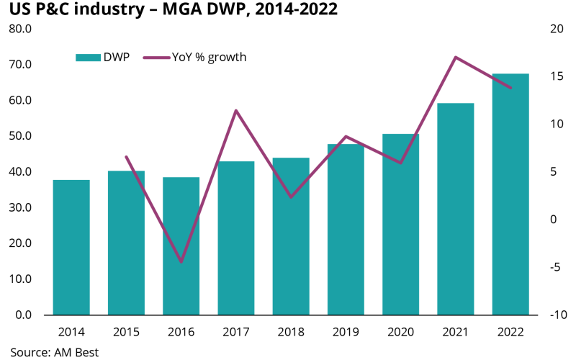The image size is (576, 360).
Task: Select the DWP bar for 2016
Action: [181, 246]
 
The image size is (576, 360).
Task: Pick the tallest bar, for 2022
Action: [510, 194]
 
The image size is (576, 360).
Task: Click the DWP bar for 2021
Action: [456, 209]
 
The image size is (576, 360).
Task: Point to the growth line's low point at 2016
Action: [181, 262]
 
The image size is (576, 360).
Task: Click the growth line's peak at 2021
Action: [456, 57]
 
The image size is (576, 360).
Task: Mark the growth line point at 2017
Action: [236, 110]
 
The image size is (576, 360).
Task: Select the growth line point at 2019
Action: [346, 136]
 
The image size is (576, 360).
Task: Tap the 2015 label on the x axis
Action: [126, 332]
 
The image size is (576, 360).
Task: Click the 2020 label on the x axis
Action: [401, 332]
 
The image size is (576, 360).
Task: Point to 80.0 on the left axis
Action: [20, 30]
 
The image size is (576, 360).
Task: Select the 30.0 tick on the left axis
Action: [20, 207]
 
